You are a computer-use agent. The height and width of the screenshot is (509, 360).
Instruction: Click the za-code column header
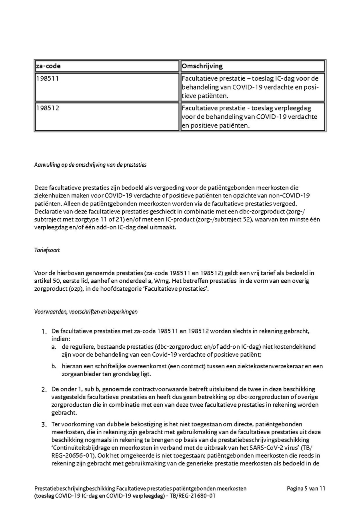pos(48,66)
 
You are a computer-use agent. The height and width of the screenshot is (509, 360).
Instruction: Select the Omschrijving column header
pos(202,66)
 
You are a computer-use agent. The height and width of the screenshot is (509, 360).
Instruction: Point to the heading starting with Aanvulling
pos(90,165)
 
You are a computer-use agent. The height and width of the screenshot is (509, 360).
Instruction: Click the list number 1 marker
pos(44,332)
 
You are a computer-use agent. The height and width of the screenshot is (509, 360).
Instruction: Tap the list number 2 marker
pos(44,389)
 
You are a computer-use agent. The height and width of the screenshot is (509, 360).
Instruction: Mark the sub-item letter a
pos(53,346)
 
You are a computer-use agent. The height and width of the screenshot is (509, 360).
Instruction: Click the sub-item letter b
pos(53,366)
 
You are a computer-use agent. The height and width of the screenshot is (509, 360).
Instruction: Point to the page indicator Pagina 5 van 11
pos(306,489)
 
